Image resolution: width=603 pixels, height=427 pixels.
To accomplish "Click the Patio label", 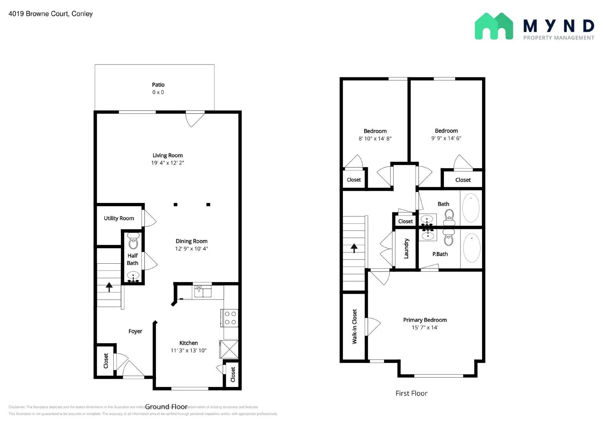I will tap(158, 85).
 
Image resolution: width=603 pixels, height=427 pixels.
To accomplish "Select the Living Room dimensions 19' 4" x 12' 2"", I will tap(167, 163).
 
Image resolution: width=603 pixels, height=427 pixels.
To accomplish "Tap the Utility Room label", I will tap(119, 218).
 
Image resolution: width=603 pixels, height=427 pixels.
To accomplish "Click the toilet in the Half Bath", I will tap(133, 241).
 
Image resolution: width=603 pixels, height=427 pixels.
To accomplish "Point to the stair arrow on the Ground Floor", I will tap(109, 287).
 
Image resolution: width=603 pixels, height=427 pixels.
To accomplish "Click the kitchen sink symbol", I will tap(203, 291).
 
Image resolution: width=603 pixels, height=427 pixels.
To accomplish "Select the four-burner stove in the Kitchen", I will tap(230, 318).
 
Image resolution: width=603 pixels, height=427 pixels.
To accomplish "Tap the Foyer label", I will tap(135, 331).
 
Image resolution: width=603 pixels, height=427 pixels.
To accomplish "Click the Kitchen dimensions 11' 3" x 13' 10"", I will tap(188, 350).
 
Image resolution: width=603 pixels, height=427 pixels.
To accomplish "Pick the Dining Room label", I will tap(191, 241).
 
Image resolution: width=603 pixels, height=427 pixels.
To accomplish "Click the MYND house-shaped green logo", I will tap(493, 26).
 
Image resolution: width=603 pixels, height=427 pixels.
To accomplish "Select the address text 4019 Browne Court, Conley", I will tap(51, 14).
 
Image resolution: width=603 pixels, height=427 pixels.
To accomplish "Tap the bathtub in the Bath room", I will tap(471, 208).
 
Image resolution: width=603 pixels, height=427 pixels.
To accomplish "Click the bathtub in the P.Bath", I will tap(471, 248).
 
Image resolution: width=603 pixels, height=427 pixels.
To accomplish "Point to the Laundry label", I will tap(406, 248).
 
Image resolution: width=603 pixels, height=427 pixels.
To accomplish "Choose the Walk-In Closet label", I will tap(354, 326).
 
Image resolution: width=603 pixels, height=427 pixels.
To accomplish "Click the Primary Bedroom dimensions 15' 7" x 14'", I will tap(425, 327).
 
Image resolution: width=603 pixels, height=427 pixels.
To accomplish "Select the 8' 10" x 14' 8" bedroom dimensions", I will tap(375, 138).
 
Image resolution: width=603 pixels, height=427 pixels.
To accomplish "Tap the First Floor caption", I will tap(411, 393).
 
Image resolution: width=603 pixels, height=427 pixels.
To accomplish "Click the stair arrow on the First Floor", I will tap(354, 248).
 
